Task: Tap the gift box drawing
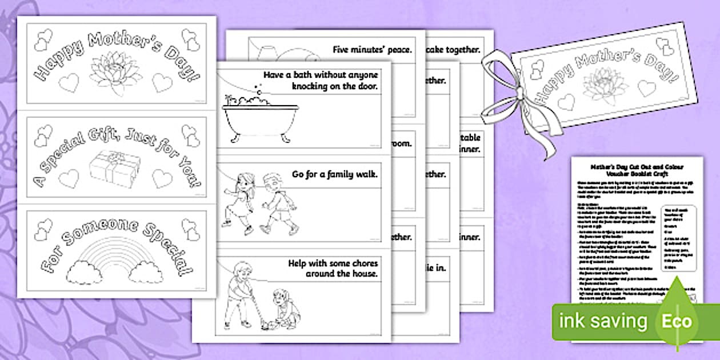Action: click(x=110, y=169)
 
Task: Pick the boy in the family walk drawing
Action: click(x=278, y=204)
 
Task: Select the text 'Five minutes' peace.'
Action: click(x=372, y=50)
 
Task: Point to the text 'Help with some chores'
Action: click(x=334, y=264)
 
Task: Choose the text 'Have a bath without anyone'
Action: click(x=321, y=75)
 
